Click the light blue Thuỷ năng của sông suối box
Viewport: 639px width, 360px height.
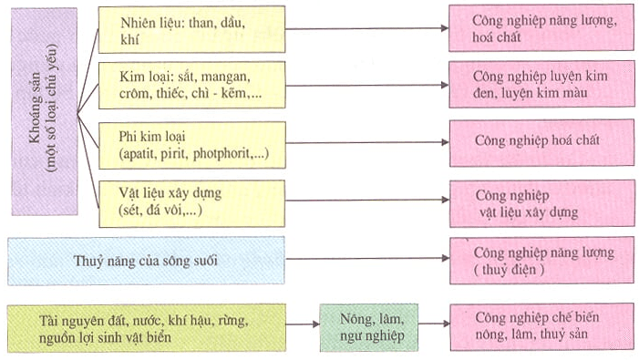pos(146,262)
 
